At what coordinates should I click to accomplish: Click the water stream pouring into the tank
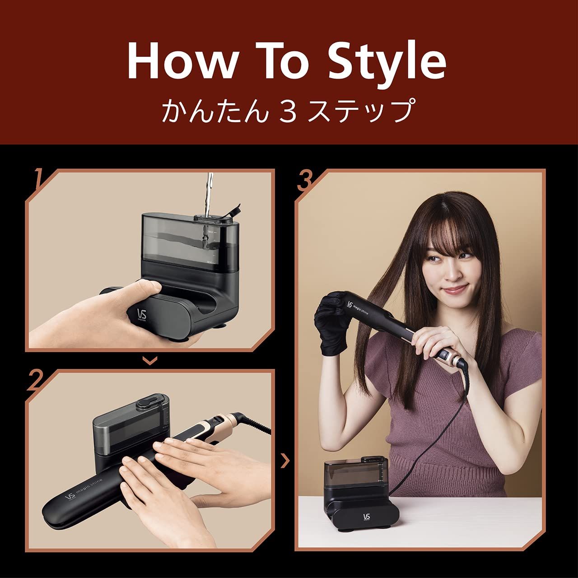point(208,194)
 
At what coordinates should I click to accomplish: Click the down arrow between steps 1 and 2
point(150,360)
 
